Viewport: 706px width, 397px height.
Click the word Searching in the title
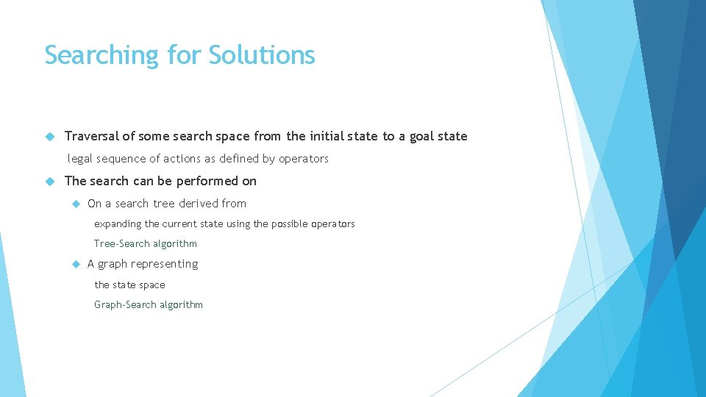pos(101,55)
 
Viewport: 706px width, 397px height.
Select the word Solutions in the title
pos(262,55)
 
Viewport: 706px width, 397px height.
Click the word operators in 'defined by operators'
pos(304,159)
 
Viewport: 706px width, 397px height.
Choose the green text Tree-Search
pos(120,244)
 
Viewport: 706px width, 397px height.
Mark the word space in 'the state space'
pos(152,285)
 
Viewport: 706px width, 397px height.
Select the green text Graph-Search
pos(125,305)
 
